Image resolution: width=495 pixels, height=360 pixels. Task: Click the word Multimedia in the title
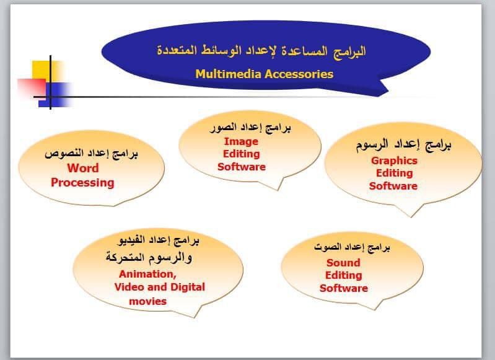point(228,74)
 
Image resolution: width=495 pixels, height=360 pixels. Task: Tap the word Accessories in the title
point(299,74)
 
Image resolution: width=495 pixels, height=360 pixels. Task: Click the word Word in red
point(83,168)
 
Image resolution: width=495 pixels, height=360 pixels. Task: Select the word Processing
point(82,183)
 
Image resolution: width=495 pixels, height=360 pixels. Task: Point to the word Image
point(241,142)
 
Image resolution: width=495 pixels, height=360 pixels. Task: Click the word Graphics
point(394,160)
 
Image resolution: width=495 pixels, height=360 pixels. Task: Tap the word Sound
point(343,263)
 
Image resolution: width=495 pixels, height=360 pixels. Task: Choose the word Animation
point(147,274)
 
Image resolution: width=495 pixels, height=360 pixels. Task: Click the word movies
point(147,301)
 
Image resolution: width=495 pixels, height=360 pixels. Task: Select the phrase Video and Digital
point(159,287)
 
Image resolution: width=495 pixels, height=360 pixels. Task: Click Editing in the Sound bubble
point(343,275)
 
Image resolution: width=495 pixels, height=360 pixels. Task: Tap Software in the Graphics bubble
point(393,186)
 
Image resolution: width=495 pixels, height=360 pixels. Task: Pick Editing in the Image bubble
point(242,154)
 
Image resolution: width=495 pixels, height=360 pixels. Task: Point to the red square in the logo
point(32,87)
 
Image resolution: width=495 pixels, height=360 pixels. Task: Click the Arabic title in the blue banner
point(261,51)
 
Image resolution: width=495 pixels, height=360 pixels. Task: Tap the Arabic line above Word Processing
point(91,154)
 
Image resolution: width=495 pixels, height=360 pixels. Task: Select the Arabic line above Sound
point(352,247)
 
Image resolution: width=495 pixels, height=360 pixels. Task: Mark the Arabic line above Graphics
point(404,145)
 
